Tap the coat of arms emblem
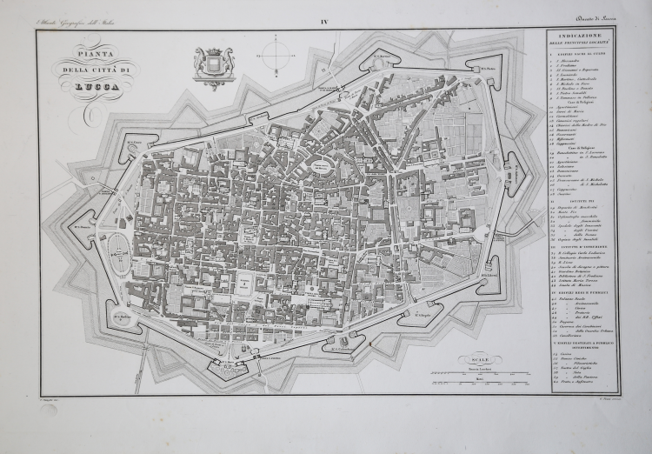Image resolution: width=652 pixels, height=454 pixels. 214,65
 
